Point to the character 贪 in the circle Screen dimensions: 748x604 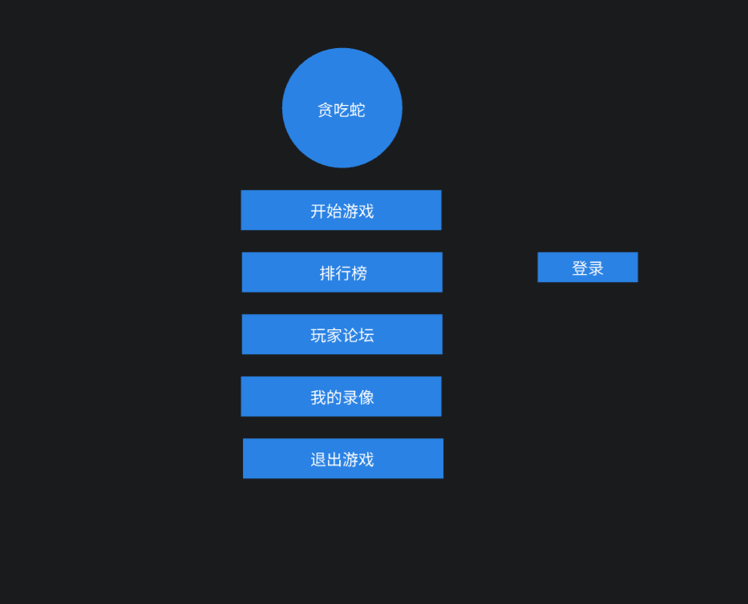325,110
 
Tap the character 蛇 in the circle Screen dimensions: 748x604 358,110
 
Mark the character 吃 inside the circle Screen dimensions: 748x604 342,110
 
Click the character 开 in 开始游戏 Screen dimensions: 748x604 318,211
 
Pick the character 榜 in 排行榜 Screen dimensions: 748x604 359,273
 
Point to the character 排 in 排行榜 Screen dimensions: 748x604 327,273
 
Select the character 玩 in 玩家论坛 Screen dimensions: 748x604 318,336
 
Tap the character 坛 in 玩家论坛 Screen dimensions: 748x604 366,336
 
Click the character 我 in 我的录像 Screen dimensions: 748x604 318,397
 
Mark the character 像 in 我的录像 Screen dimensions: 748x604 366,397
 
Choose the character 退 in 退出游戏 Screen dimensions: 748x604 318,460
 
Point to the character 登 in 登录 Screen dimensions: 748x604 580,268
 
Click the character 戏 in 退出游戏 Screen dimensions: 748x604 366,460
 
